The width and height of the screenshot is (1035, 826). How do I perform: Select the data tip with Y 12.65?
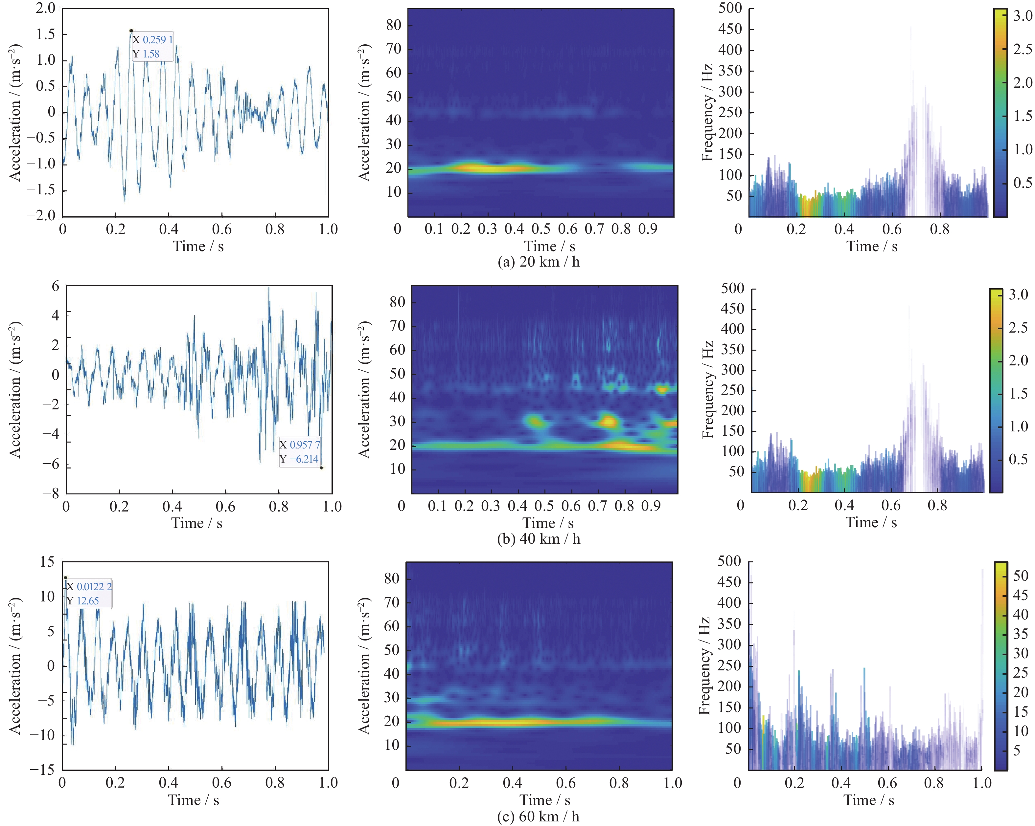(x=89, y=593)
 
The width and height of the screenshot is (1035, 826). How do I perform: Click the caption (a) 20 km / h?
(x=539, y=262)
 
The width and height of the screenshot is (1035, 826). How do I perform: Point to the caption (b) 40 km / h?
(x=539, y=539)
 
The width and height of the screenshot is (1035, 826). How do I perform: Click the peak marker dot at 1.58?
(x=131, y=31)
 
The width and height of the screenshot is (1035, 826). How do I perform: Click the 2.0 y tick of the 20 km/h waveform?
(x=46, y=8)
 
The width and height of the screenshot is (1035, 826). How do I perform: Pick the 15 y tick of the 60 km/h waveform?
(x=47, y=562)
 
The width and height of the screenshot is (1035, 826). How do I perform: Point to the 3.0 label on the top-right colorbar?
(x=1023, y=16)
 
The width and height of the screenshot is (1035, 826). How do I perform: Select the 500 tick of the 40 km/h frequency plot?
(x=733, y=288)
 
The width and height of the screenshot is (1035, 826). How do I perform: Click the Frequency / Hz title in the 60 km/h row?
(x=705, y=666)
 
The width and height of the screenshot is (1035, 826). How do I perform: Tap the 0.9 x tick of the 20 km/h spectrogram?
(x=648, y=229)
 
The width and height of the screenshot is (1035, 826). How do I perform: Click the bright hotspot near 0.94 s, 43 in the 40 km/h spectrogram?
(x=662, y=389)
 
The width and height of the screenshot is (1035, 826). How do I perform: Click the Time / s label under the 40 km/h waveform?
(x=197, y=523)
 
